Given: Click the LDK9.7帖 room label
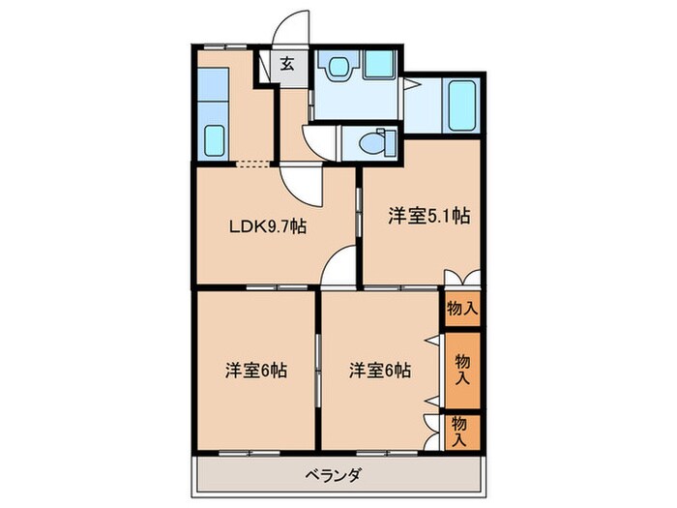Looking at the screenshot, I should [x=267, y=227].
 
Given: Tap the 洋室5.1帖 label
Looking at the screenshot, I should [x=429, y=216].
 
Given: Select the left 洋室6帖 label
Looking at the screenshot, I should [x=256, y=370].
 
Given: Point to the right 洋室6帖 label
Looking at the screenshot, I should [x=380, y=370].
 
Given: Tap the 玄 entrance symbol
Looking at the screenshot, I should [x=287, y=66].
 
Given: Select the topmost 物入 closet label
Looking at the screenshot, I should [x=461, y=309].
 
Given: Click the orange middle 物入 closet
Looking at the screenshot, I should [x=461, y=370].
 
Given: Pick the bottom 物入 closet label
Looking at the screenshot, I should [x=461, y=430].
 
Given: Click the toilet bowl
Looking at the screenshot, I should [x=372, y=142].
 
